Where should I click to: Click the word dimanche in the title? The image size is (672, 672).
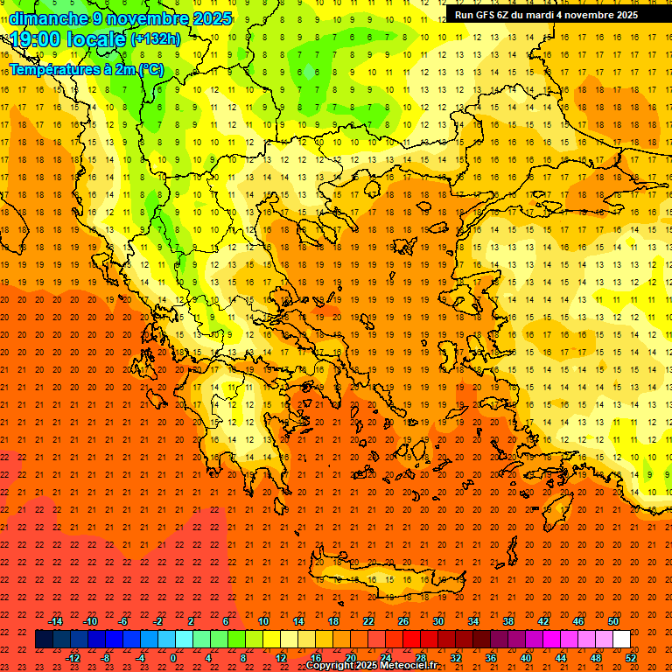(x=49, y=18)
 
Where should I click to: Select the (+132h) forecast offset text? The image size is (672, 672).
(x=156, y=38)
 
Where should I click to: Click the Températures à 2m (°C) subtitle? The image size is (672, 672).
(x=86, y=68)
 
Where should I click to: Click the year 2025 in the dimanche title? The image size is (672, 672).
(x=212, y=18)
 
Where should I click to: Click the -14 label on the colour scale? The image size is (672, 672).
(x=55, y=621)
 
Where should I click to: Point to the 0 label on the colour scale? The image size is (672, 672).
(x=173, y=658)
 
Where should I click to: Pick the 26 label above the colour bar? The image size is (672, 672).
(x=403, y=621)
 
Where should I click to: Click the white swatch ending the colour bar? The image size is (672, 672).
(x=622, y=640)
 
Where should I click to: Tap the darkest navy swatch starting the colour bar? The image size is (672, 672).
(x=45, y=640)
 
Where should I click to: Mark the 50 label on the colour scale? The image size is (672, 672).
(x=613, y=621)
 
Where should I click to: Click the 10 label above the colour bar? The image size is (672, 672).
(x=262, y=621)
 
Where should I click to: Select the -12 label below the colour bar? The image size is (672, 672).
(x=73, y=658)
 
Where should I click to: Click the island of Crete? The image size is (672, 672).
(x=385, y=582)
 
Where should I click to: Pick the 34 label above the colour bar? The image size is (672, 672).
(x=473, y=621)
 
